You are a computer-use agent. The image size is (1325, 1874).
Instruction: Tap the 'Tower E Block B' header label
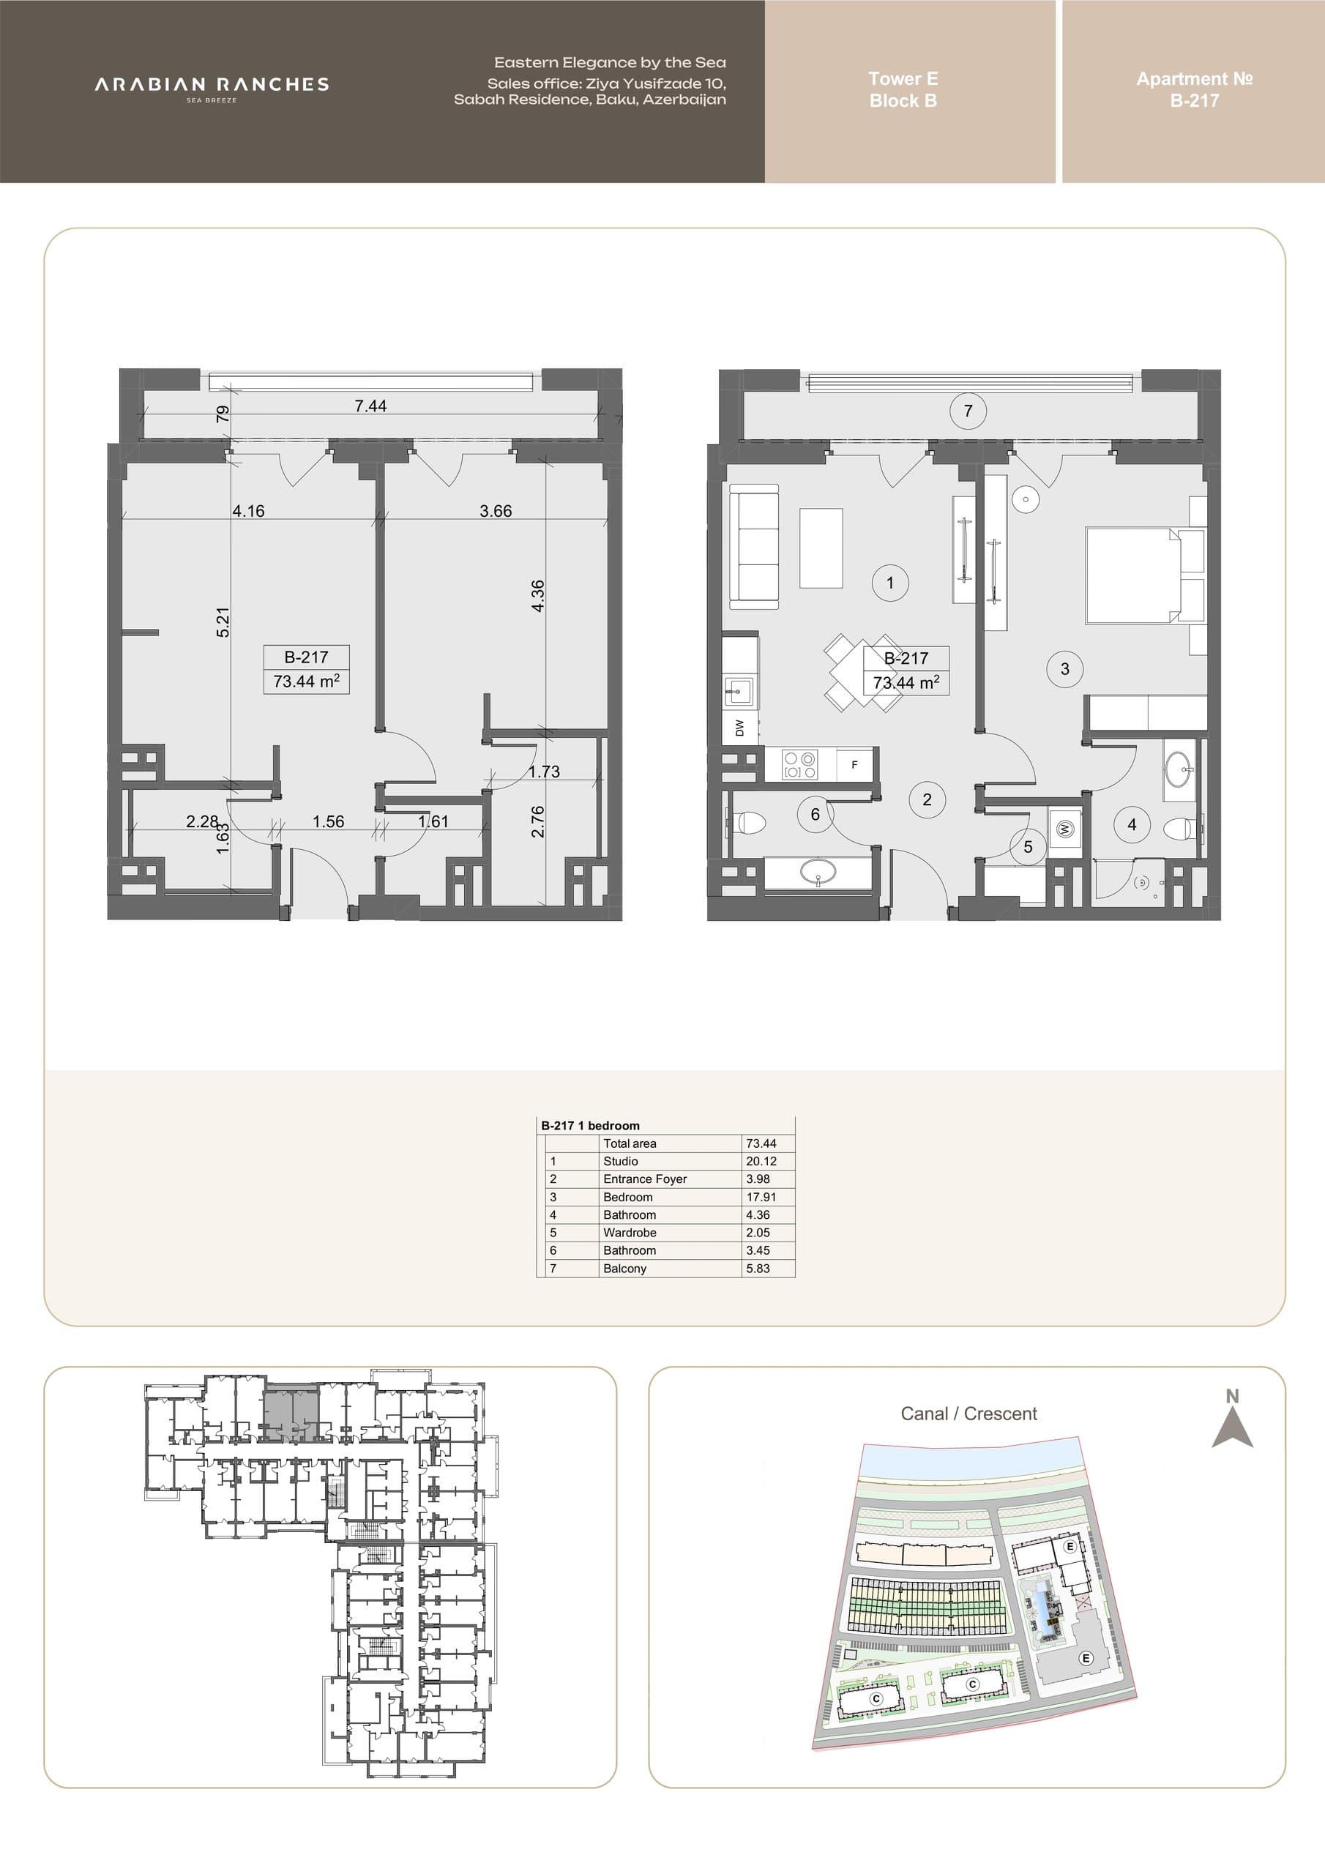click(x=903, y=90)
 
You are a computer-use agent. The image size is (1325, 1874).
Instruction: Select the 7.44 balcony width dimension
click(x=370, y=406)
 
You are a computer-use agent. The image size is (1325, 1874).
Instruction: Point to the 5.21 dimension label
click(x=223, y=622)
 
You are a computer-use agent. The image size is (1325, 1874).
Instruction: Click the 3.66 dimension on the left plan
click(x=496, y=511)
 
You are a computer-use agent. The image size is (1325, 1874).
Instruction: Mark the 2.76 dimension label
click(x=537, y=821)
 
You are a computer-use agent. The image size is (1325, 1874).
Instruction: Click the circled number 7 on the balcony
click(x=968, y=411)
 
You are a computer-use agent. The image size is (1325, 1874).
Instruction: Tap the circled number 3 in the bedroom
click(x=1064, y=669)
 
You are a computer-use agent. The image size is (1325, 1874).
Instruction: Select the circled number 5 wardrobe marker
click(x=1028, y=847)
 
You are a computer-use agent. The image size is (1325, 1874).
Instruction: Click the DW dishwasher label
click(x=739, y=727)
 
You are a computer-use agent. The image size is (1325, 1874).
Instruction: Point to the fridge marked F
click(x=855, y=765)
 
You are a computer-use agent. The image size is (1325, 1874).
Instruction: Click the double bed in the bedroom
click(x=1146, y=576)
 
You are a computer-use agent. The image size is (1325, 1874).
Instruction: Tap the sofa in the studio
click(x=753, y=546)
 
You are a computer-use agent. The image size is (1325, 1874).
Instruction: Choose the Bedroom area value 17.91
click(x=761, y=1198)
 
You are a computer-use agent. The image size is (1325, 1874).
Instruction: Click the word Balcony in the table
click(x=624, y=1269)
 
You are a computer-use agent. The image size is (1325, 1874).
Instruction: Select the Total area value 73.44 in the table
click(x=761, y=1143)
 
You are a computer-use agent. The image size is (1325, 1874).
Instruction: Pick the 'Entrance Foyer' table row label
click(x=645, y=1179)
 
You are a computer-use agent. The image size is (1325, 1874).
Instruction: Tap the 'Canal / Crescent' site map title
click(x=969, y=1414)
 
